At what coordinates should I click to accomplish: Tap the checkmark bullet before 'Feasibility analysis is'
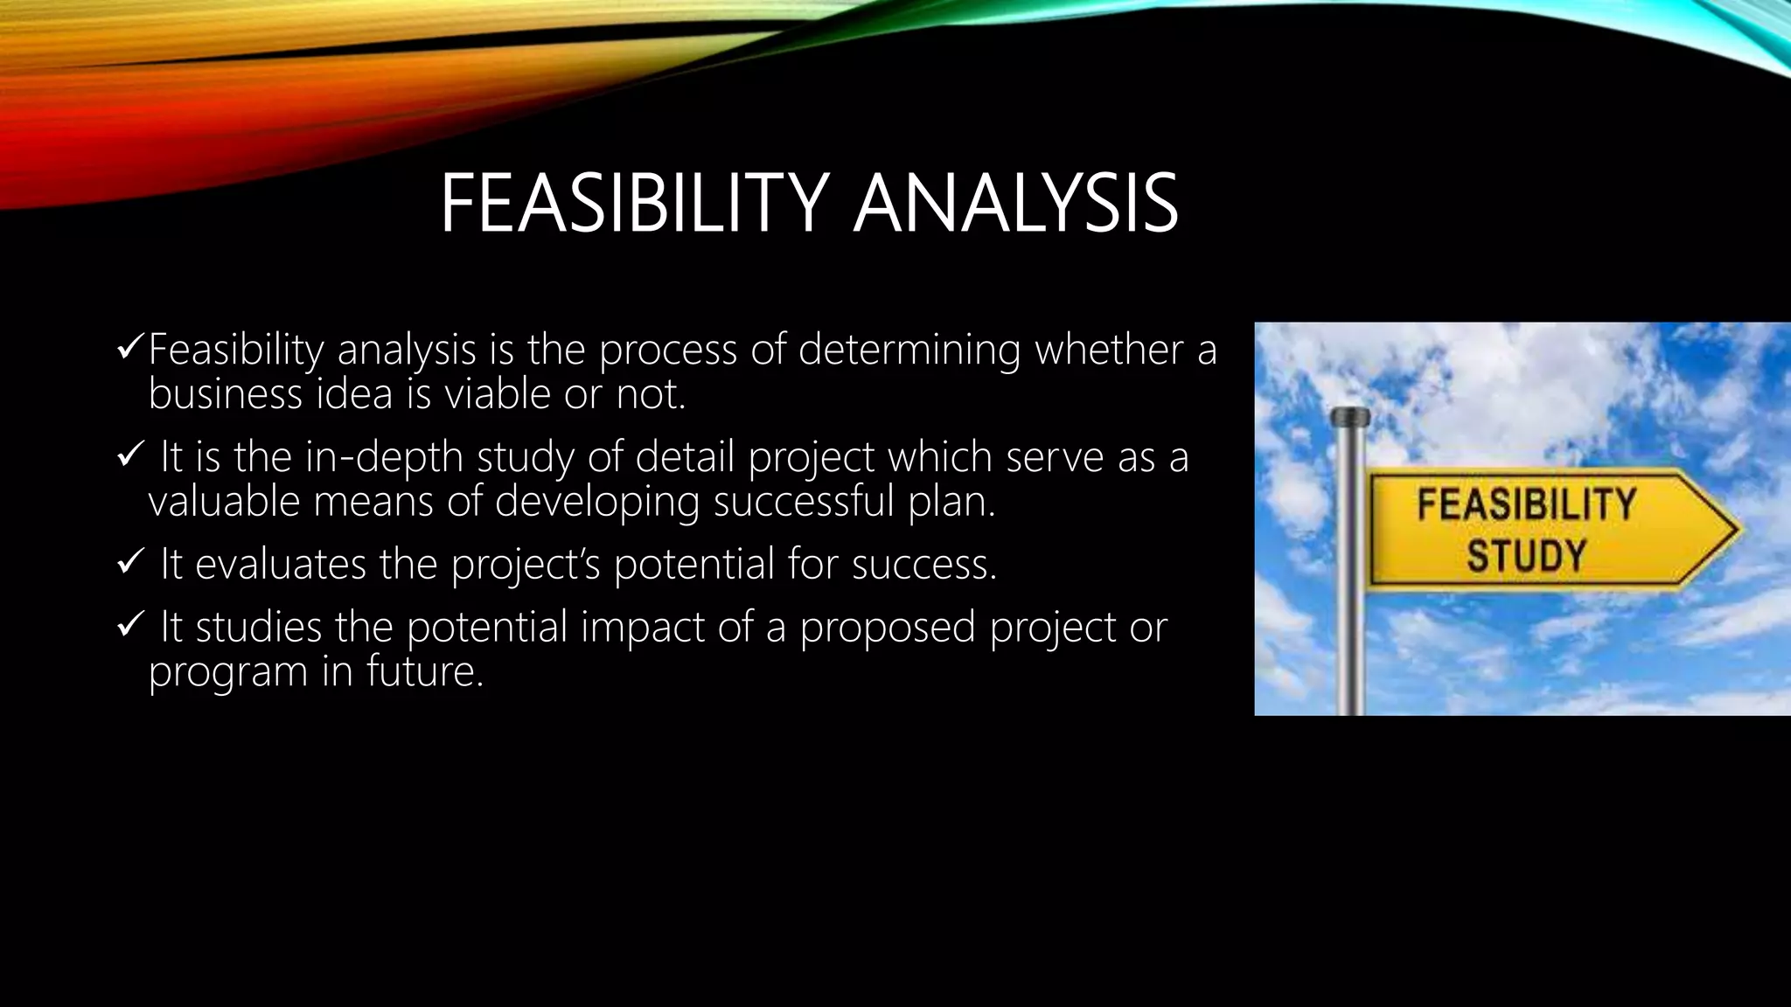(x=130, y=349)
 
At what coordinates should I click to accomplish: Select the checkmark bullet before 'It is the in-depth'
(x=130, y=456)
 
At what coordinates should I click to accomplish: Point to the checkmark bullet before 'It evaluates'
(x=130, y=563)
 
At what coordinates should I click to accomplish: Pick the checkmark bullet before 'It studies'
(x=130, y=627)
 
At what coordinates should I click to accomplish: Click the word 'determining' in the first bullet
(x=909, y=351)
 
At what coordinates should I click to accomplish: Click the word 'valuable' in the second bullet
(x=223, y=502)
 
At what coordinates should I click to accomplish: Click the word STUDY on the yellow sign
(x=1526, y=556)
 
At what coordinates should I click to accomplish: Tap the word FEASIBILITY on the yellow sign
(x=1526, y=505)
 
